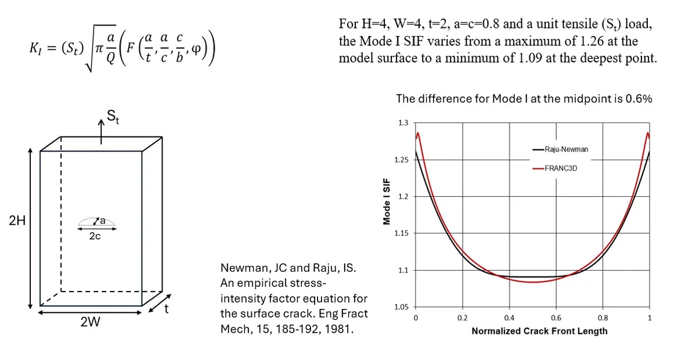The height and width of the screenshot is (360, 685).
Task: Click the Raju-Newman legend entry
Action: point(566,149)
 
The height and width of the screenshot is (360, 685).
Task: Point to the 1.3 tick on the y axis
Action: point(403,123)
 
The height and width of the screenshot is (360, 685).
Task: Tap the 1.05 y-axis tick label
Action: point(402,307)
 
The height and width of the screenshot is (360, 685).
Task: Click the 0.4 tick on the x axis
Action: point(509,318)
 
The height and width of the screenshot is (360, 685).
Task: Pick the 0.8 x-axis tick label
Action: point(603,318)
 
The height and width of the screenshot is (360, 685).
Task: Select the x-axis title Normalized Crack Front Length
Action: point(539,331)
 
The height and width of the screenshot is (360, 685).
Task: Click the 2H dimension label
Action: point(17,221)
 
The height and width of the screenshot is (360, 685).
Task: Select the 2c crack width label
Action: point(95,236)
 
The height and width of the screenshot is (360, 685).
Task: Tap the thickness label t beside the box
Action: point(167,309)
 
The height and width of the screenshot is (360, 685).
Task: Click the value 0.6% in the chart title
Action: point(639,99)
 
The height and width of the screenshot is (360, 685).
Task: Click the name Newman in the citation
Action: point(242,268)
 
